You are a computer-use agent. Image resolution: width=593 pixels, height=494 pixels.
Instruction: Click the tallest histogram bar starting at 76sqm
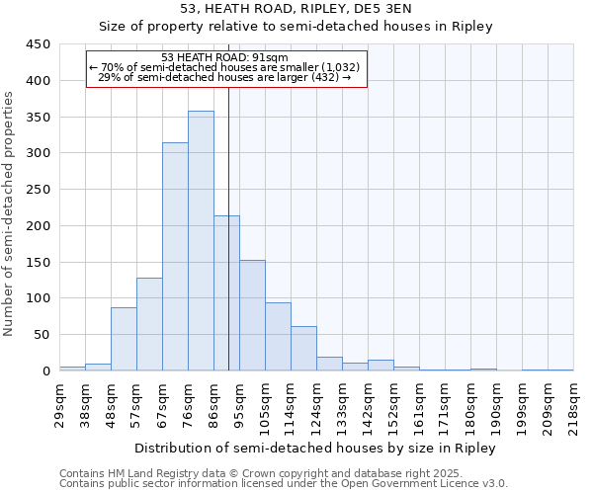point(201,241)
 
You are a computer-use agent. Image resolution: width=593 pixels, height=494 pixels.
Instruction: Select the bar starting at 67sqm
point(175,257)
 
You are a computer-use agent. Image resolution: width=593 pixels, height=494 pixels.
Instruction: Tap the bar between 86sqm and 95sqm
point(226,293)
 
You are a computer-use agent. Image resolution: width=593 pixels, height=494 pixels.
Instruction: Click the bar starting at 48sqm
point(124,339)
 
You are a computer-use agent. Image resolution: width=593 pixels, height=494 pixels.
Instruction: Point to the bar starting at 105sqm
point(278,337)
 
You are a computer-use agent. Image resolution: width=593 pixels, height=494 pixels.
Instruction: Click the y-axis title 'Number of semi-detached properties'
point(9,213)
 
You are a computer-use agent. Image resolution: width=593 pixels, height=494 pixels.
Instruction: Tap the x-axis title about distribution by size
point(316,448)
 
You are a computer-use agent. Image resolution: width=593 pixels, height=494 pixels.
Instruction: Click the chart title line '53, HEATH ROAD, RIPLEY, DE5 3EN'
point(296,9)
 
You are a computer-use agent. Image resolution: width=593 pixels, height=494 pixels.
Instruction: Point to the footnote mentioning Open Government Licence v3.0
point(284,483)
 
